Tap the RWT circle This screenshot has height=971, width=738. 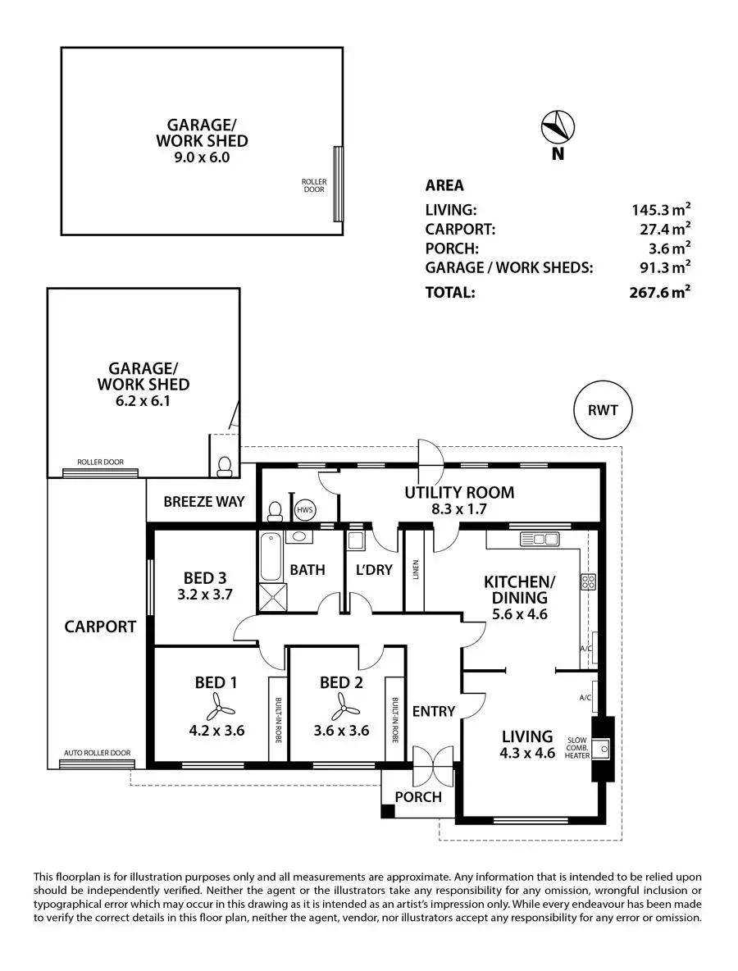604,408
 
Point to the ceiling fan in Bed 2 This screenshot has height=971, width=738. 340,704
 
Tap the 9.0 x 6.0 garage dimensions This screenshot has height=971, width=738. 202,157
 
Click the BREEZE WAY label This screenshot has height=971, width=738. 203,501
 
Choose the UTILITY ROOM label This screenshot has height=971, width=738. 459,493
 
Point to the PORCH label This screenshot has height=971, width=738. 418,796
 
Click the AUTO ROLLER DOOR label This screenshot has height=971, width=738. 97,753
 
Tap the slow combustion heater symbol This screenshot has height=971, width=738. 602,746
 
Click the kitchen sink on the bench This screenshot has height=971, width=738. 539,539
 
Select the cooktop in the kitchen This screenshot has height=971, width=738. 588,581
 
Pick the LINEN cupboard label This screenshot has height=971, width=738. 415,569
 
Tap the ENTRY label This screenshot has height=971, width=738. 433,711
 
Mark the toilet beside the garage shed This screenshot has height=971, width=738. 225,465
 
